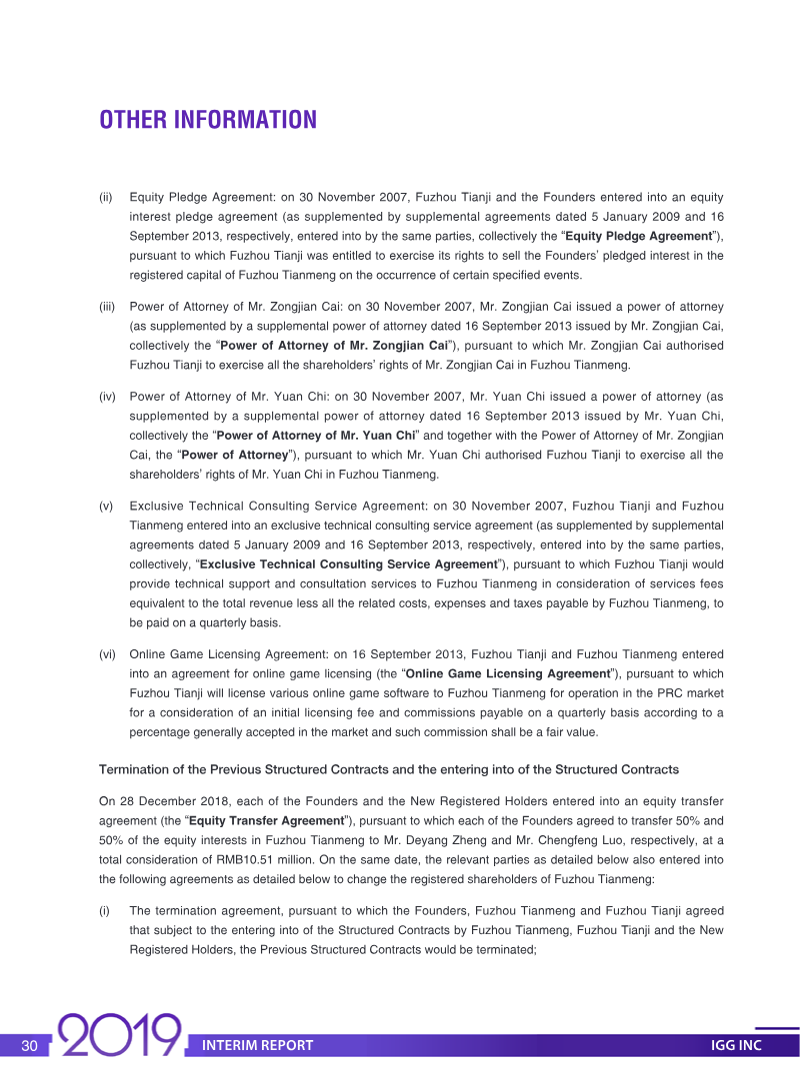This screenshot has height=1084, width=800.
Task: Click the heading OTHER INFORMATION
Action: (208, 120)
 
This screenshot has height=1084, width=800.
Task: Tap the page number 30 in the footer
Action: (29, 1045)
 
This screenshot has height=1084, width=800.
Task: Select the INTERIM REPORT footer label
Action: (257, 1045)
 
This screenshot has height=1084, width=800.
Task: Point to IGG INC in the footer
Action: (736, 1045)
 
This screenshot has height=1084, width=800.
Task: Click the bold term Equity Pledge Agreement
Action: (639, 236)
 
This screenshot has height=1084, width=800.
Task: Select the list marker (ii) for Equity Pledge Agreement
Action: (105, 197)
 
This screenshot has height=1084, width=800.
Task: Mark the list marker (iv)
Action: (106, 397)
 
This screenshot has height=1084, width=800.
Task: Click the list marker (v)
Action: (105, 506)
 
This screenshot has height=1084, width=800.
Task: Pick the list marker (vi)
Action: (106, 654)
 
